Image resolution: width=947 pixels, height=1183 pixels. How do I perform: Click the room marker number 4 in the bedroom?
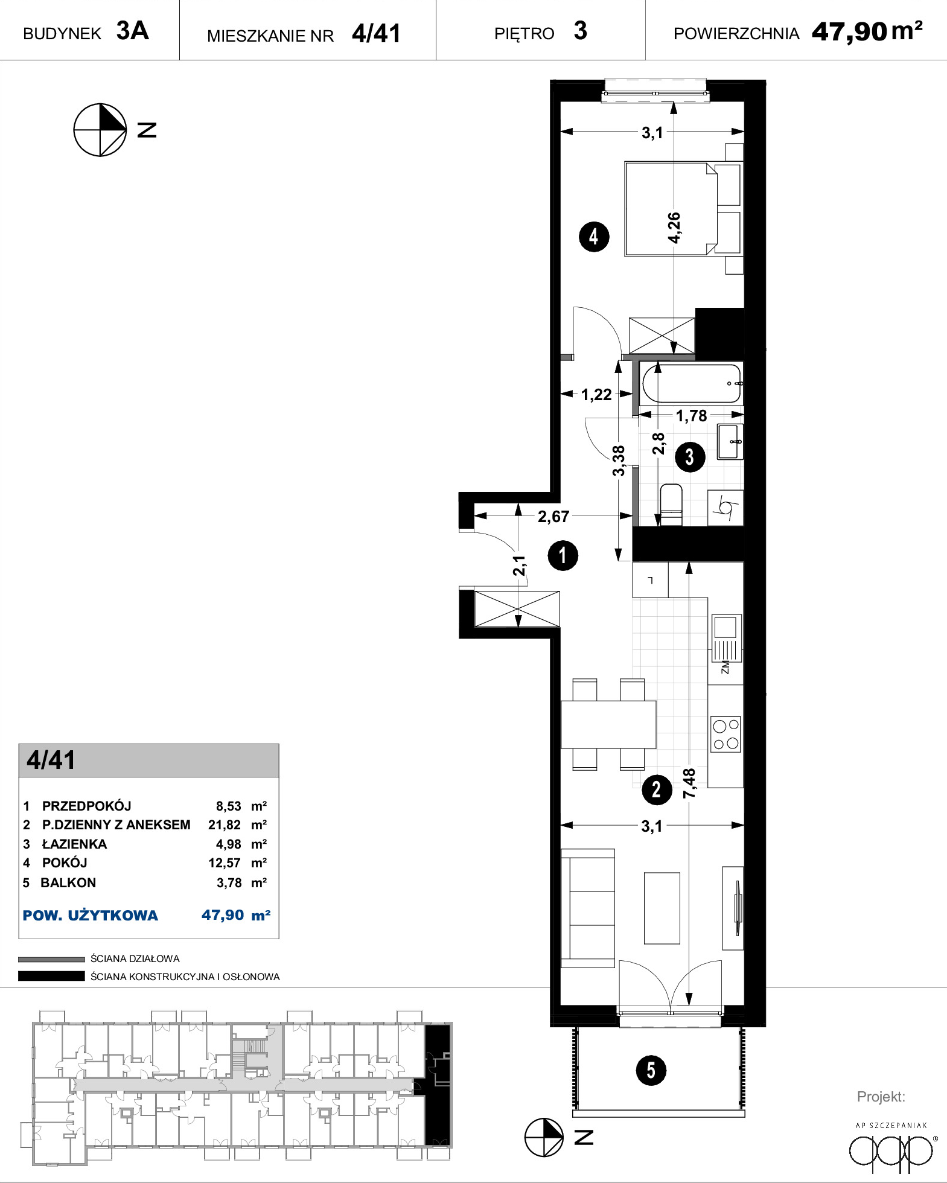coord(594,237)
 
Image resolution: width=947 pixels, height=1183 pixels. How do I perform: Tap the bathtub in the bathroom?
coord(691,383)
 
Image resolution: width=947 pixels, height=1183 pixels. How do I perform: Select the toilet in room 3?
coord(671,504)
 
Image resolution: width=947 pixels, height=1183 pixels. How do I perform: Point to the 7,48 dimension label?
coord(689,783)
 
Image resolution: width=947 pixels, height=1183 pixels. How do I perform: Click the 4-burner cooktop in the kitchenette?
coord(725,734)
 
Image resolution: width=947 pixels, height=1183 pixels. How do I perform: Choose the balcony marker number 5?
coord(651,1070)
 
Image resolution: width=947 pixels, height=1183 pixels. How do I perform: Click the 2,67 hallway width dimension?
coord(553,516)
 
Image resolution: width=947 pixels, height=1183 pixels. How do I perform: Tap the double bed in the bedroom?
coord(683,208)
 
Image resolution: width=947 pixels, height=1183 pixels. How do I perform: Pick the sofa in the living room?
coord(588,908)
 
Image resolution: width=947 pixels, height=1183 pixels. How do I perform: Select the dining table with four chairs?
coord(608,724)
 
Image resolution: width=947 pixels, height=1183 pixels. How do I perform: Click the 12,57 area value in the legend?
coord(225,863)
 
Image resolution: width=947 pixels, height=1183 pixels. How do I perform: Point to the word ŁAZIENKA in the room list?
coord(74,844)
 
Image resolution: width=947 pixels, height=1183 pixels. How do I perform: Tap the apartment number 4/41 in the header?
coord(376,33)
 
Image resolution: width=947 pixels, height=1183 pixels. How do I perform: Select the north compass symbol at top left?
coord(100,130)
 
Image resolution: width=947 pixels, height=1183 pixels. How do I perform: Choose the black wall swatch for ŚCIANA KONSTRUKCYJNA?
coord(51,976)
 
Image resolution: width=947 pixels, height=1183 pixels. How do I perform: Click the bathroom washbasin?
coord(730,442)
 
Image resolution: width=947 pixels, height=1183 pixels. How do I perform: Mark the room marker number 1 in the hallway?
coord(563,555)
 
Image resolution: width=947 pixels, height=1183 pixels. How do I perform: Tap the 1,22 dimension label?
coord(596,395)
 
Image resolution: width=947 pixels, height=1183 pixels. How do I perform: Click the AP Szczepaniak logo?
coord(891,1147)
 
